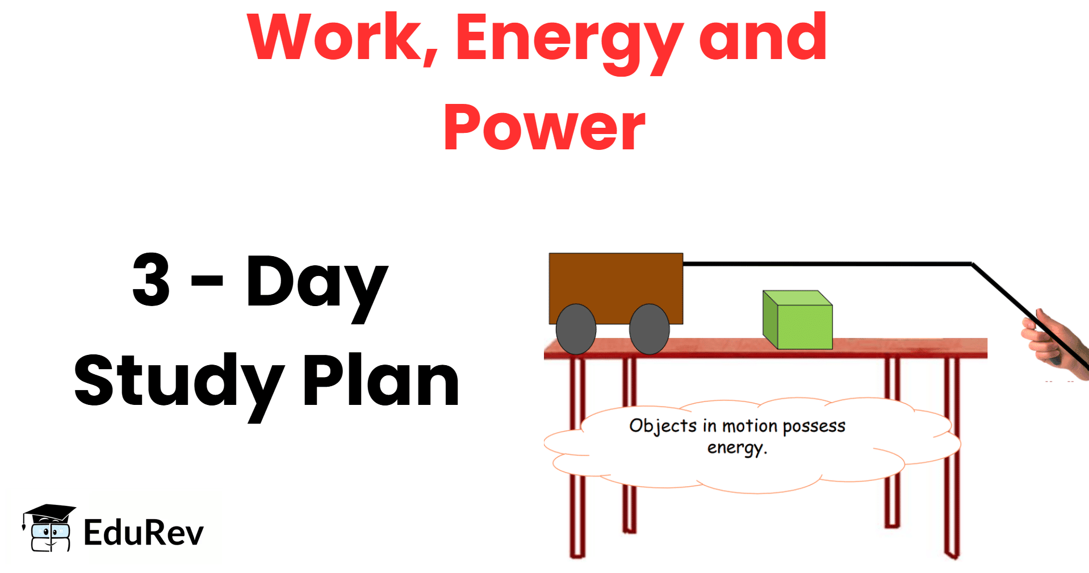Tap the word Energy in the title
[569, 43]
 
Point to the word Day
[317, 286]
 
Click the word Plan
[381, 379]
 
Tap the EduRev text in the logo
[143, 532]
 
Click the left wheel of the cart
[576, 329]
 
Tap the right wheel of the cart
[650, 329]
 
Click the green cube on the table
[798, 320]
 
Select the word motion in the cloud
[749, 426]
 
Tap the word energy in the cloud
[737, 448]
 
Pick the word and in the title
[763, 37]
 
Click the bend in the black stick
[972, 264]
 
